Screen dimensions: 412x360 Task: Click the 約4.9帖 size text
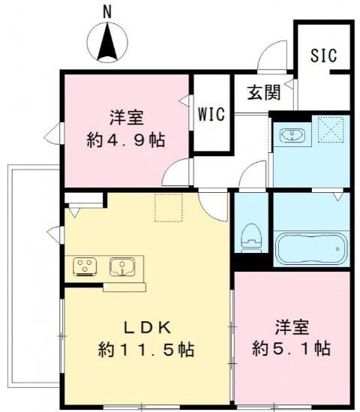(125, 140)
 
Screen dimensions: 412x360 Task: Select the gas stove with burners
(85, 266)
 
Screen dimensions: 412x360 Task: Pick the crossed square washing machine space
(331, 131)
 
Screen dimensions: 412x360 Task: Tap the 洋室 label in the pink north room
(125, 117)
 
